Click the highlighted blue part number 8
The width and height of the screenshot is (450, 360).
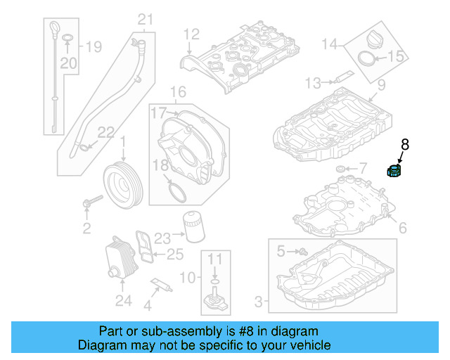394,169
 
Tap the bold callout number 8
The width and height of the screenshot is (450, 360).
404,145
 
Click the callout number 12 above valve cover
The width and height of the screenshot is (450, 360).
192,32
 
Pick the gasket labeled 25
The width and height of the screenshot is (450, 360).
146,247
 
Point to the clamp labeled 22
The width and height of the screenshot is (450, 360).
85,146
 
